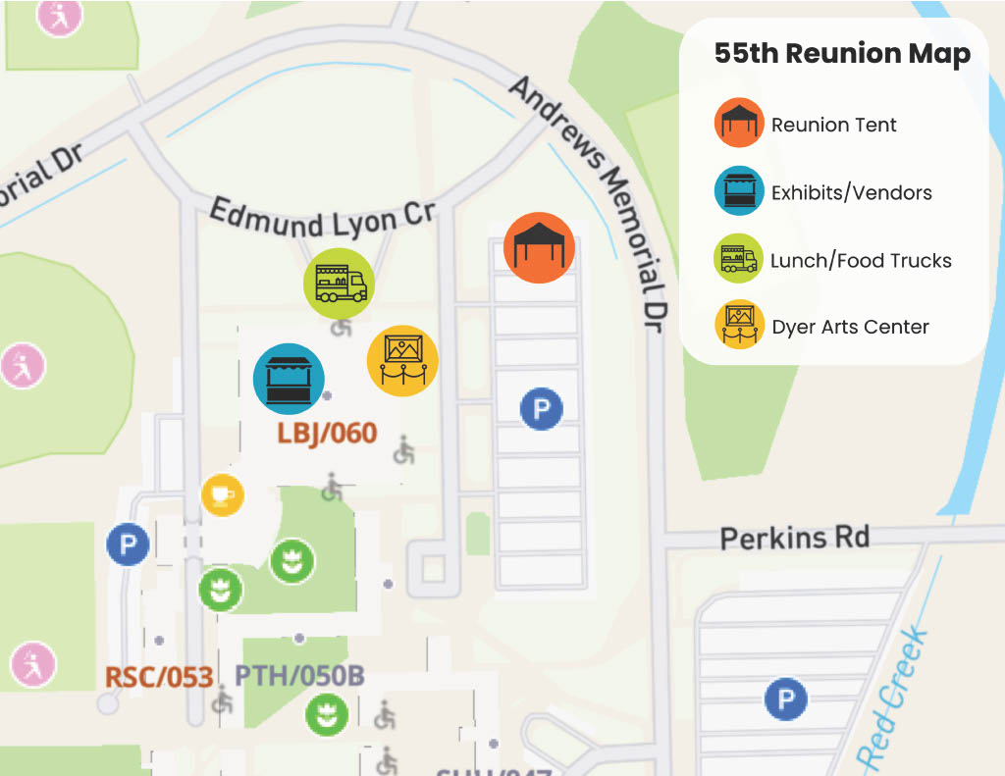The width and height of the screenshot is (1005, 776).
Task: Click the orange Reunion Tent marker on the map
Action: click(539, 247)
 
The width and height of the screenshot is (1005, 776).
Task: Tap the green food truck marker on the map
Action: click(339, 284)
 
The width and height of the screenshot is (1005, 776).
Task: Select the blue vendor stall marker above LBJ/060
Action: click(289, 379)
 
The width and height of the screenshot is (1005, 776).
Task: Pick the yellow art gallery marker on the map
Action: click(402, 361)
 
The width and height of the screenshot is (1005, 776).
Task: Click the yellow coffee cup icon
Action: click(222, 493)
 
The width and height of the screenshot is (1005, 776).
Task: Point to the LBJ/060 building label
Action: click(327, 433)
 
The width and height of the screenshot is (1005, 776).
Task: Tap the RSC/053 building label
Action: click(159, 677)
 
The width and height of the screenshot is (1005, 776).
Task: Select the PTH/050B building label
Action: click(299, 676)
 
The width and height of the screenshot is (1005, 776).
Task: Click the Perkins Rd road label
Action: click(794, 538)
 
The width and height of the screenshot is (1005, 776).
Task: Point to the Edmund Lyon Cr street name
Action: click(322, 215)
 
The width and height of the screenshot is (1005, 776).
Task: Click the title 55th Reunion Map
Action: click(842, 54)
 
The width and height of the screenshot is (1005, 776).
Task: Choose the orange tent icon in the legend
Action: click(739, 124)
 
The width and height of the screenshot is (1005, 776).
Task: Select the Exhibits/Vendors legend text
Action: click(851, 192)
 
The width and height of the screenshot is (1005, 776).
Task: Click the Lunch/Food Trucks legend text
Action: click(861, 261)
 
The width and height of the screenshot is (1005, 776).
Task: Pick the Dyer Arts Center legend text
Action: click(850, 328)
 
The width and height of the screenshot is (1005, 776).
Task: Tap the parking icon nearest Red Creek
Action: click(785, 699)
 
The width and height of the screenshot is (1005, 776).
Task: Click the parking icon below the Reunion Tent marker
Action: click(541, 409)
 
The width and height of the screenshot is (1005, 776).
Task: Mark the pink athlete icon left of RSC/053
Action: click(33, 664)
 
